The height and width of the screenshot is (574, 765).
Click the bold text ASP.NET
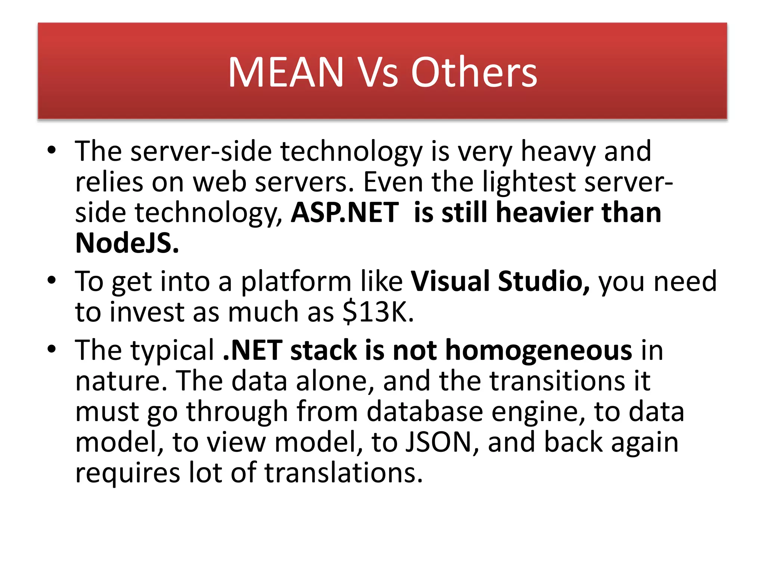point(345,212)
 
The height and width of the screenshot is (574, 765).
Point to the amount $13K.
point(378,312)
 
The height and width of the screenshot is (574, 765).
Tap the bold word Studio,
point(544,281)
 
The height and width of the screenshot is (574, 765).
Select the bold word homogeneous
point(539,351)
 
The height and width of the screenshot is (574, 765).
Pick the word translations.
point(344,473)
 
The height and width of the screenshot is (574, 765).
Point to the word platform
point(296,281)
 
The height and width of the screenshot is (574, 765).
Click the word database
point(425,411)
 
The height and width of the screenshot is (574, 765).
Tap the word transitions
point(557,381)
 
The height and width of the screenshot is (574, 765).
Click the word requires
point(128,473)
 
